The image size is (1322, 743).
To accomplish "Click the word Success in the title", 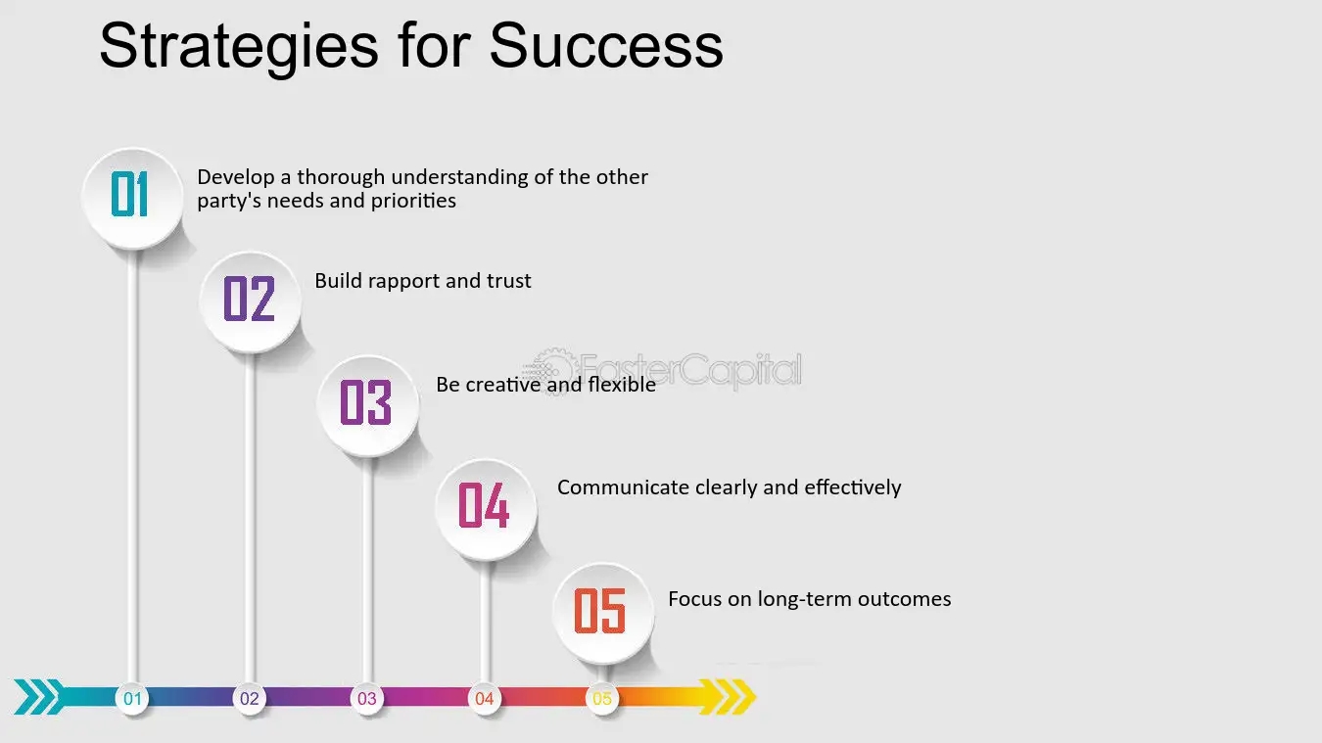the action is pos(606,46).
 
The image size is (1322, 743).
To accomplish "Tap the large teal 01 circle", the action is pos(133,199).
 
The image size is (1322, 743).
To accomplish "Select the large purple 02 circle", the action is pos(251,302).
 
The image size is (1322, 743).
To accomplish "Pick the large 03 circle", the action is pos(368,406).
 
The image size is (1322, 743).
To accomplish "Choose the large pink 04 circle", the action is pos(487,510).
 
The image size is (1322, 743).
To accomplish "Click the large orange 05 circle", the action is pos(604,614).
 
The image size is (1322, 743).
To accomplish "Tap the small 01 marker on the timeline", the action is pos(132,699).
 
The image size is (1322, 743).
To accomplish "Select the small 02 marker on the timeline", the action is pos(250,699).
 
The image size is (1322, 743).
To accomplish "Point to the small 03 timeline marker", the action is pos(367,699).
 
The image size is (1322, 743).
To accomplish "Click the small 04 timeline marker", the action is pos(485,699).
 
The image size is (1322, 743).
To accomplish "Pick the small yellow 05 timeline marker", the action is pos(602,699).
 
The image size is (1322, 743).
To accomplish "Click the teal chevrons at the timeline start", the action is pos(40,697).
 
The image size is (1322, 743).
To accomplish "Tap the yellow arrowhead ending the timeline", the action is pos(728,697).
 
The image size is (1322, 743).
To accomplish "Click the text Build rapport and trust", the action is pos(423,281).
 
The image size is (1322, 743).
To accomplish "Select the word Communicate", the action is pos(623,488).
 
